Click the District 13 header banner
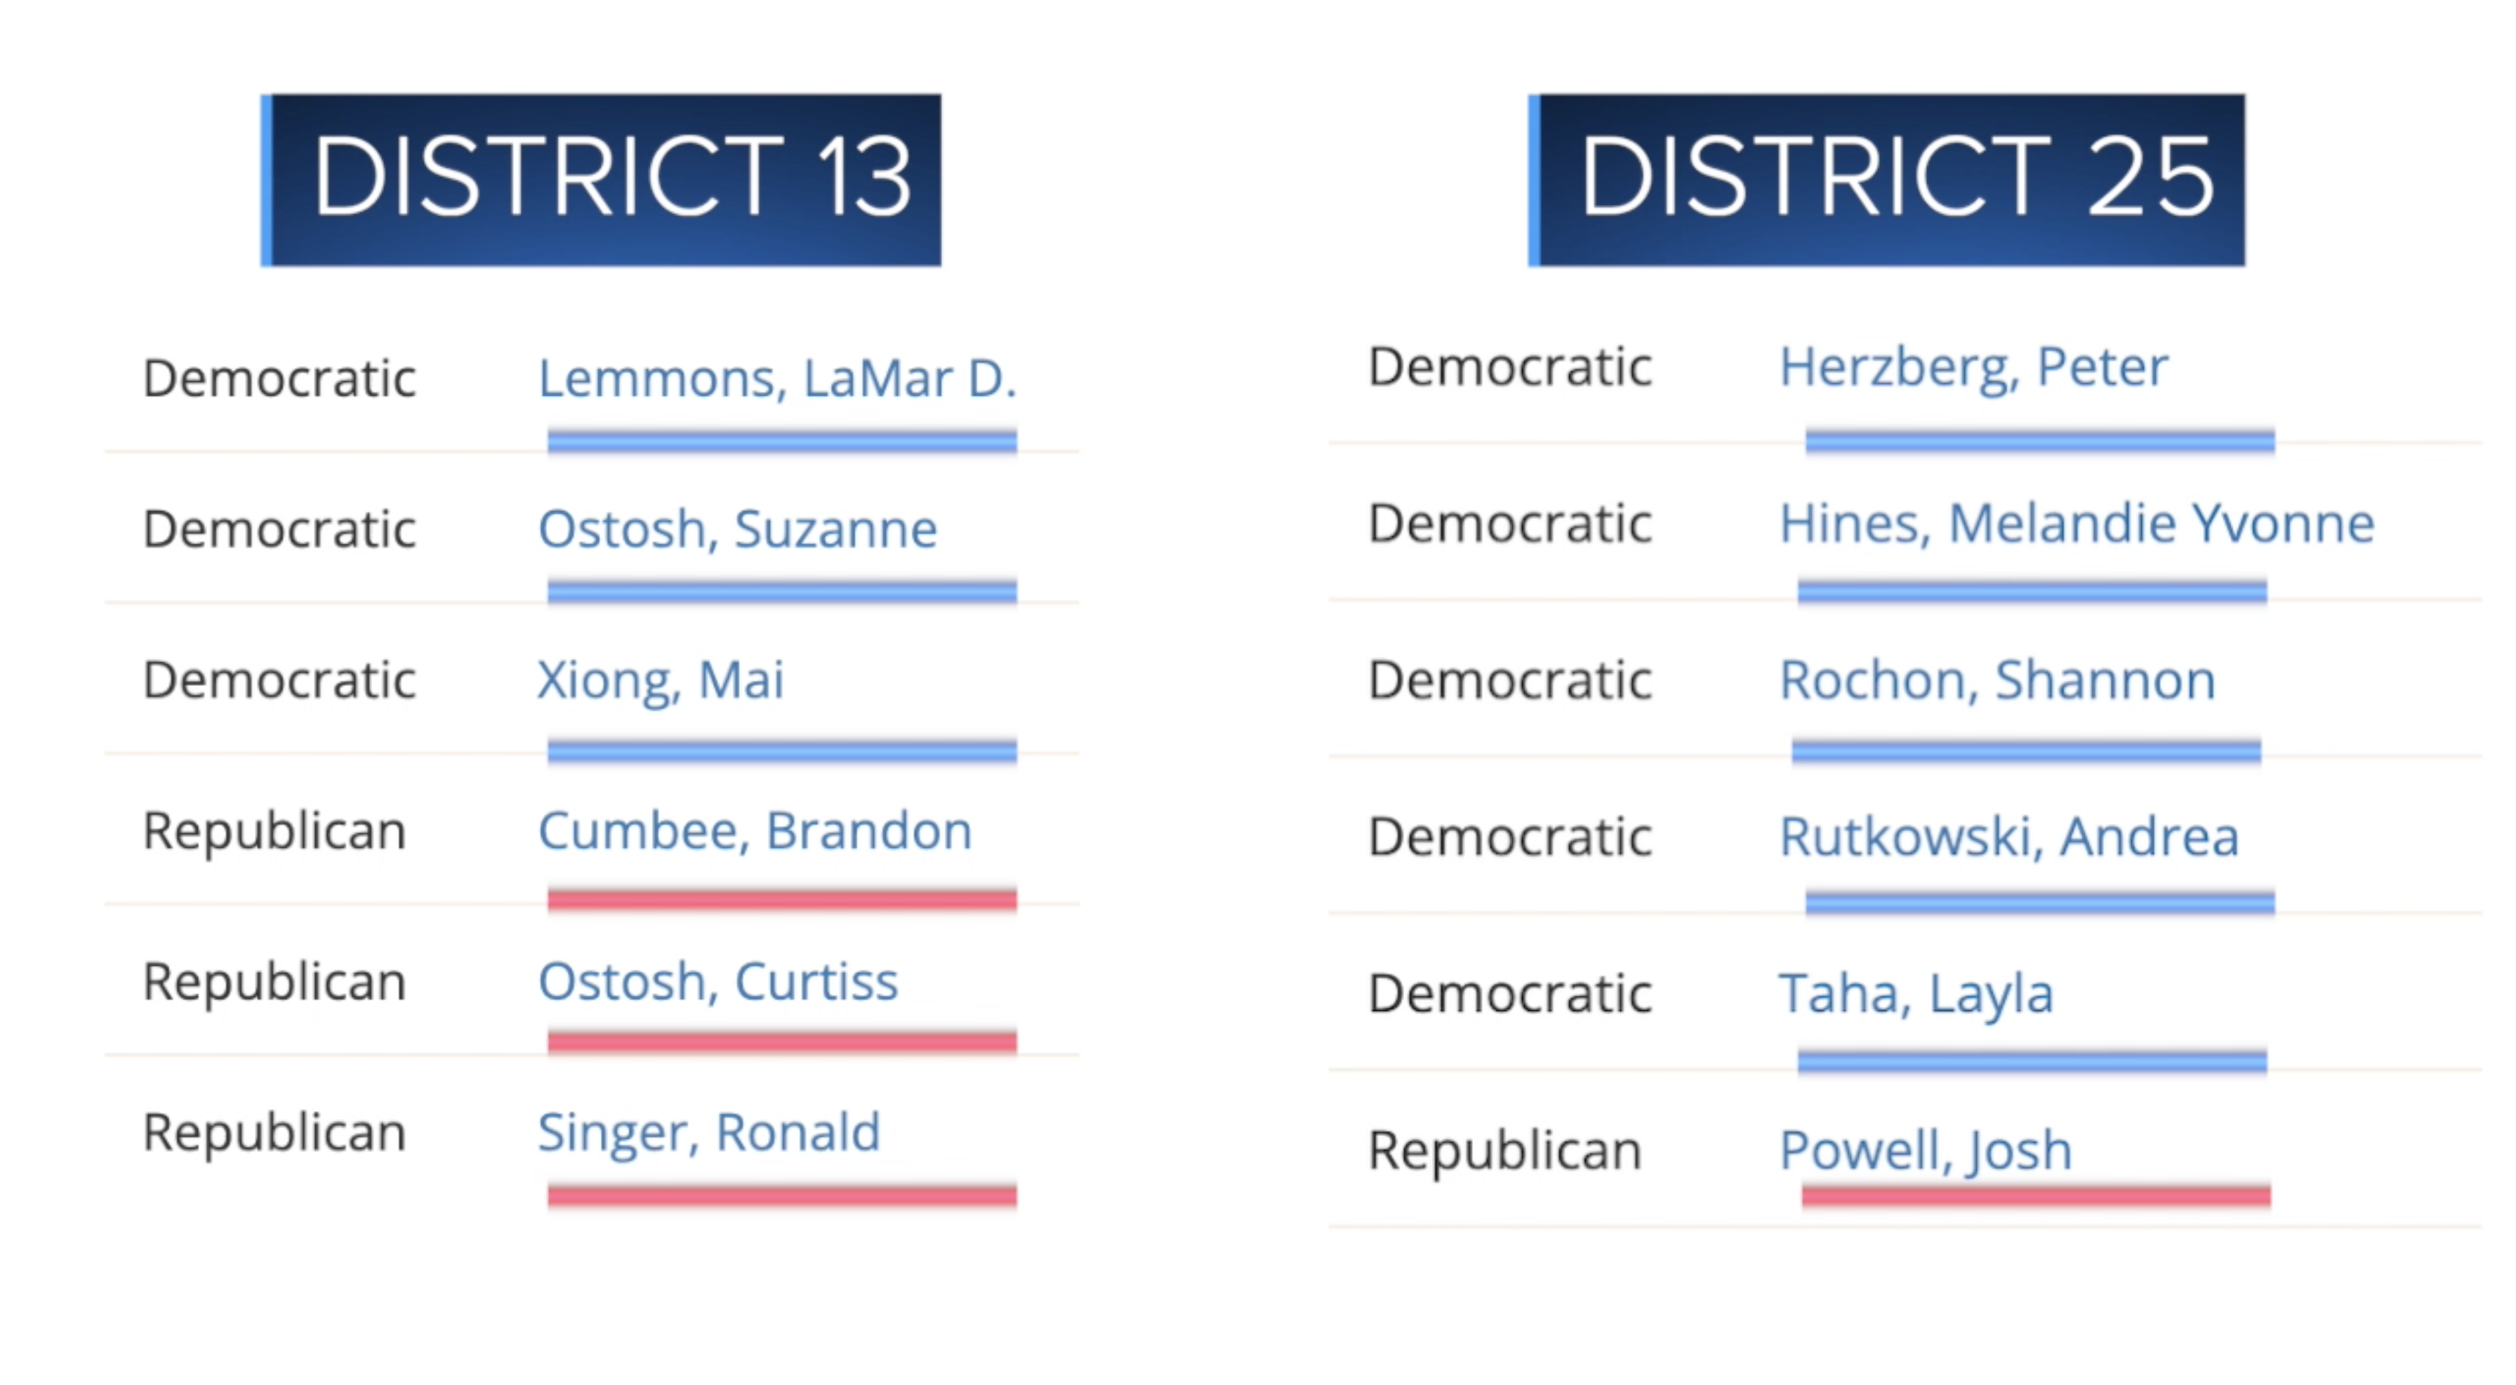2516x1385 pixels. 601,180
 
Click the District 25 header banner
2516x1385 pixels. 1886,180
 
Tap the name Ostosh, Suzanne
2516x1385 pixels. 737,529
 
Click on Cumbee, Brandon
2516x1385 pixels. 755,831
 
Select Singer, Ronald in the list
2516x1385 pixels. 709,1134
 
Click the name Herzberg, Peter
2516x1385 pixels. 1973,369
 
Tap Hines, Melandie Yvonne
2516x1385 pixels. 2077,524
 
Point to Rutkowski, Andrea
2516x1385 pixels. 2009,837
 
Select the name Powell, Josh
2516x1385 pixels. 1925,1151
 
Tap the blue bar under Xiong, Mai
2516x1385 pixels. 781,751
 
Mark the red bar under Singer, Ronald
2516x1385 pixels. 781,1195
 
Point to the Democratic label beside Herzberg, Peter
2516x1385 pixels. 1510,367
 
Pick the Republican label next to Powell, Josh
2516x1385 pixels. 1504,1151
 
